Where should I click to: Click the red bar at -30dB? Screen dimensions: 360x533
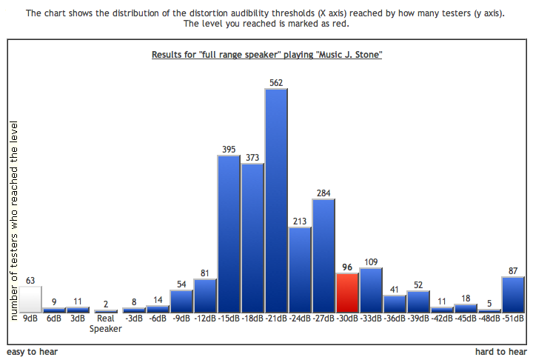coord(347,293)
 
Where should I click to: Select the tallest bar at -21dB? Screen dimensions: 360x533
coord(276,200)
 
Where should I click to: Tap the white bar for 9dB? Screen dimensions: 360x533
coord(30,299)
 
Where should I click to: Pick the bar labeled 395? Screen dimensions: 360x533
coord(229,233)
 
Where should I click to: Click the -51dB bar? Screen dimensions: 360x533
coord(513,294)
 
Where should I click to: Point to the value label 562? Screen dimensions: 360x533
coord(276,83)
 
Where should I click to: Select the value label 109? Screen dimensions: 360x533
coord(371,262)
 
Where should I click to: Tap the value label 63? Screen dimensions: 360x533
coord(30,280)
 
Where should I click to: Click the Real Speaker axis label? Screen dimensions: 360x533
coord(105,324)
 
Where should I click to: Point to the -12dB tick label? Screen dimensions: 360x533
coord(205,319)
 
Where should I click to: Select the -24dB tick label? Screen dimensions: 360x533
coord(300,319)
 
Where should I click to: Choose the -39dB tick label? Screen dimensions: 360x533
coord(418,319)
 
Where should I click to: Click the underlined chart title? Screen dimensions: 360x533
coord(266,55)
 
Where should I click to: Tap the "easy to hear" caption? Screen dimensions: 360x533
coord(33,352)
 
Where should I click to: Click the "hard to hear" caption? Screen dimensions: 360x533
coord(501,352)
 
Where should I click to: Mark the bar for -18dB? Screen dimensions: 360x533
coord(252,237)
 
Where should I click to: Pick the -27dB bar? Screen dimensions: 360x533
coord(324,256)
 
